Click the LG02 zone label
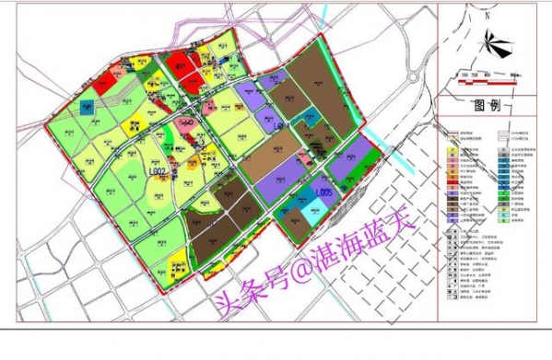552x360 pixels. pos(153,170)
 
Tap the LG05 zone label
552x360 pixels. pos(323,192)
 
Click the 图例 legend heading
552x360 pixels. pos(485,105)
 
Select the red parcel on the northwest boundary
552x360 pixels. pos(103,82)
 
